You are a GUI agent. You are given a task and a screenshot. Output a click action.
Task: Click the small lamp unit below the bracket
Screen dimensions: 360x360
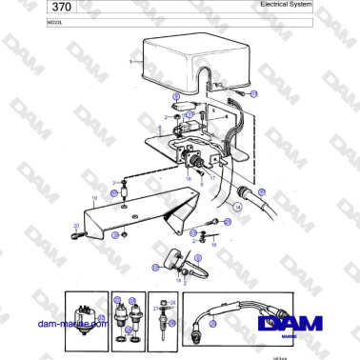173,257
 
